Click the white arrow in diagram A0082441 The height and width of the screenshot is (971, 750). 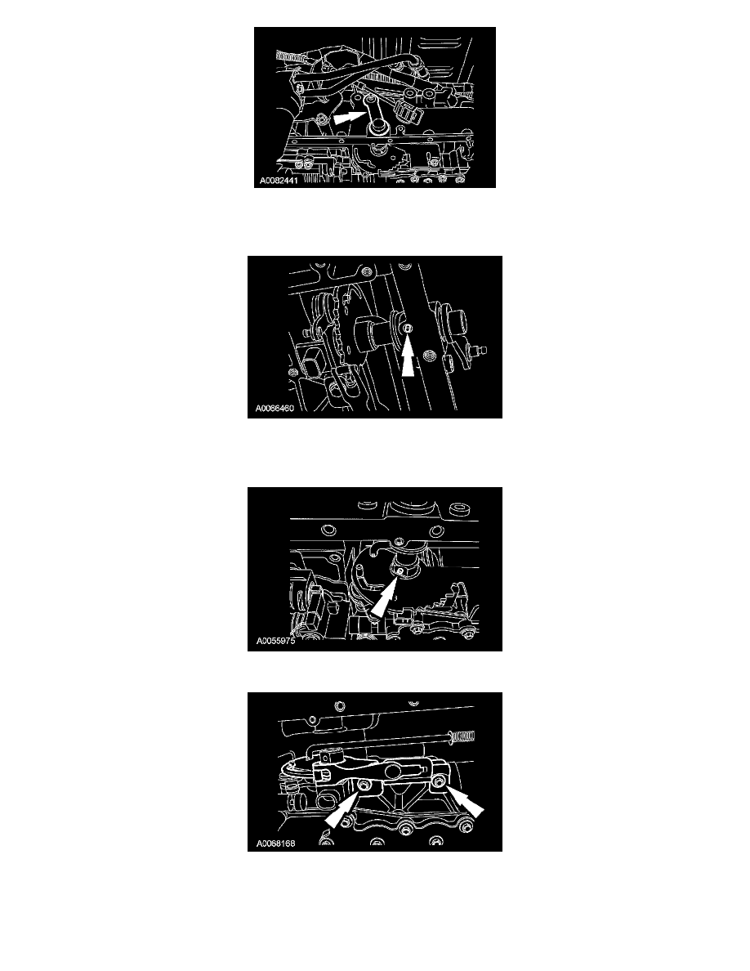click(349, 116)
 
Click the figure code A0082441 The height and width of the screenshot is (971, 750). click(279, 181)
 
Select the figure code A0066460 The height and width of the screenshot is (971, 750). click(275, 408)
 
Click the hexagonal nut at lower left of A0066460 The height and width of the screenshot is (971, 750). click(310, 360)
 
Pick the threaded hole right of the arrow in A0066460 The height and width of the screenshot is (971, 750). click(427, 356)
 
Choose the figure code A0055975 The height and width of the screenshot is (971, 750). click(275, 641)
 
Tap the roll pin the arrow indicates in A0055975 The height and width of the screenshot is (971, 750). click(401, 570)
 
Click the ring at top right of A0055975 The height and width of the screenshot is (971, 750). click(458, 512)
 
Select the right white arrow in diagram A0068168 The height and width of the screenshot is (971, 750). click(466, 803)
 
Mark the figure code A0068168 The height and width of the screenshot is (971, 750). click(275, 843)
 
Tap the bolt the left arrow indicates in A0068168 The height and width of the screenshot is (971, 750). click(364, 785)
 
